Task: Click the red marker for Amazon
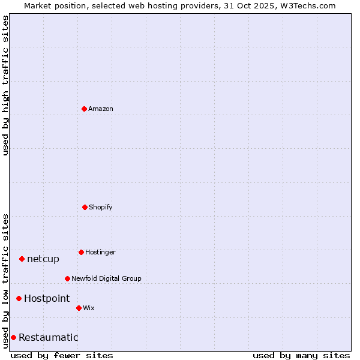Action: click(x=84, y=109)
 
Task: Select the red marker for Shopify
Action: click(x=85, y=207)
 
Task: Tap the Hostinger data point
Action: click(x=81, y=252)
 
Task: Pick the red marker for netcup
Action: click(x=22, y=259)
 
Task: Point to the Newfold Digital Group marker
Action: click(x=67, y=278)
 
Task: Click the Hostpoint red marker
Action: click(x=19, y=298)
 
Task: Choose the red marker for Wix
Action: click(x=79, y=308)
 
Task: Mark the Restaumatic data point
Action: click(x=13, y=337)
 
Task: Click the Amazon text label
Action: click(x=101, y=109)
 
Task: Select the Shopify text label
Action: click(x=101, y=207)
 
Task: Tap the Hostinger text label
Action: click(x=100, y=252)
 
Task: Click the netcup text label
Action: click(x=43, y=259)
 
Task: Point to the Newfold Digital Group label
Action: click(x=106, y=278)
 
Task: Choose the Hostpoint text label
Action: click(x=47, y=298)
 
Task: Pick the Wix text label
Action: click(x=89, y=308)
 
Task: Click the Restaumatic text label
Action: click(x=49, y=337)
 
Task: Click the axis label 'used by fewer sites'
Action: click(x=62, y=355)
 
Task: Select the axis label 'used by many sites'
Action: click(x=301, y=355)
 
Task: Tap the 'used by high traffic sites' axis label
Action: click(x=5, y=85)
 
